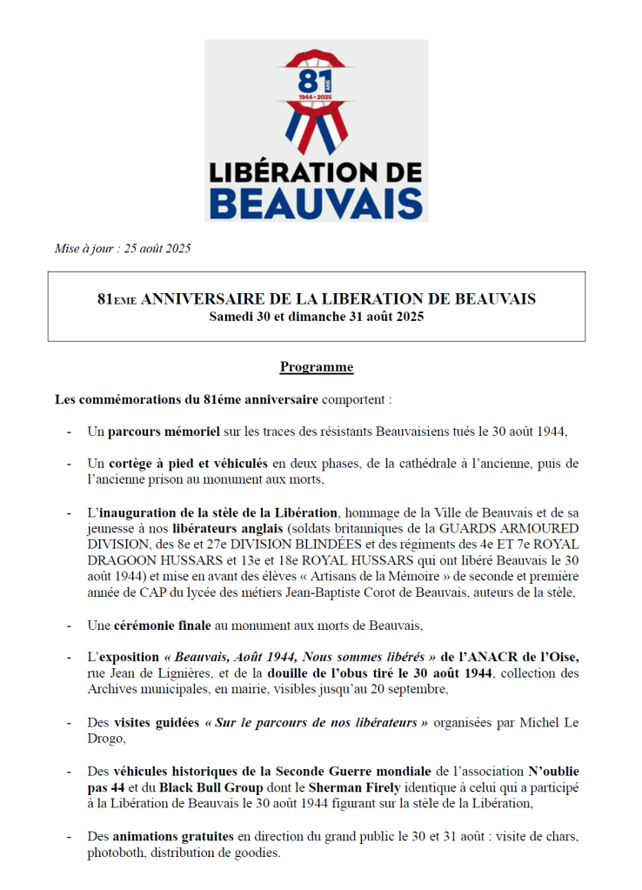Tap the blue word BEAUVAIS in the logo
pyautogui.click(x=317, y=201)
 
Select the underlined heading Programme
pyautogui.click(x=317, y=367)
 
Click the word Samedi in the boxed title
pyautogui.click(x=231, y=317)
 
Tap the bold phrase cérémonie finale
pyautogui.click(x=160, y=625)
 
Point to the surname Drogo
pyautogui.click(x=107, y=739)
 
